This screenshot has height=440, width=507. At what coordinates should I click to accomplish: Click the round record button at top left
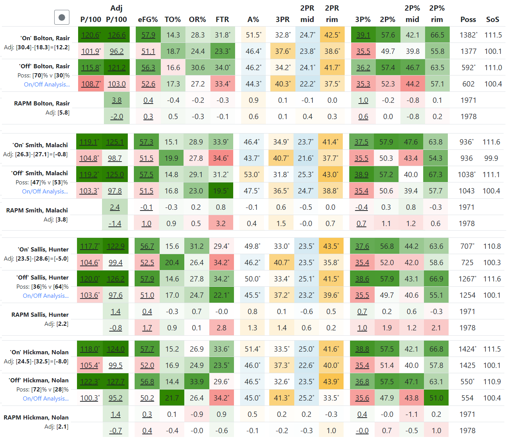62,17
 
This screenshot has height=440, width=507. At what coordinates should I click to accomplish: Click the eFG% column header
148,19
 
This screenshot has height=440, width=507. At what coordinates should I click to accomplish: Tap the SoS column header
493,19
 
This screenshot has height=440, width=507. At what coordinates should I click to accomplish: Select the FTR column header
222,19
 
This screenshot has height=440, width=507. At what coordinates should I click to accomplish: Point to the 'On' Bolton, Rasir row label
45,38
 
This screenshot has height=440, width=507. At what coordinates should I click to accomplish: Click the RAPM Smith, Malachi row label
37,210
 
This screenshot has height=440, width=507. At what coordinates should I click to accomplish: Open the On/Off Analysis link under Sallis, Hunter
46,295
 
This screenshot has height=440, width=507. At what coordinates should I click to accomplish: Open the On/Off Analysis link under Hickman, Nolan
46,398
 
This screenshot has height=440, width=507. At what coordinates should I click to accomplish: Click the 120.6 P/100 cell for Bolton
91,35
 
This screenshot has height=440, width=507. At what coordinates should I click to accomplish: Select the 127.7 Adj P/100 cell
116,382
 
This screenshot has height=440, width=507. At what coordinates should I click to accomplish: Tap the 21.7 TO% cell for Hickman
172,398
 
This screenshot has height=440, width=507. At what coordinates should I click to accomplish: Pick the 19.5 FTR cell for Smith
221,191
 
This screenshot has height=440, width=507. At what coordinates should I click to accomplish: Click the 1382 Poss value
468,35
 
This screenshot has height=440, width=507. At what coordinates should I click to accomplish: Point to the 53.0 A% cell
251,174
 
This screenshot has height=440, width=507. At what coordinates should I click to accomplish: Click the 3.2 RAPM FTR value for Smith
221,223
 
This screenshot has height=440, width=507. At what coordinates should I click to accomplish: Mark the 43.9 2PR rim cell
331,382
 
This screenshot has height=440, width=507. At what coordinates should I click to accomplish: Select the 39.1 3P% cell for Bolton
363,35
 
